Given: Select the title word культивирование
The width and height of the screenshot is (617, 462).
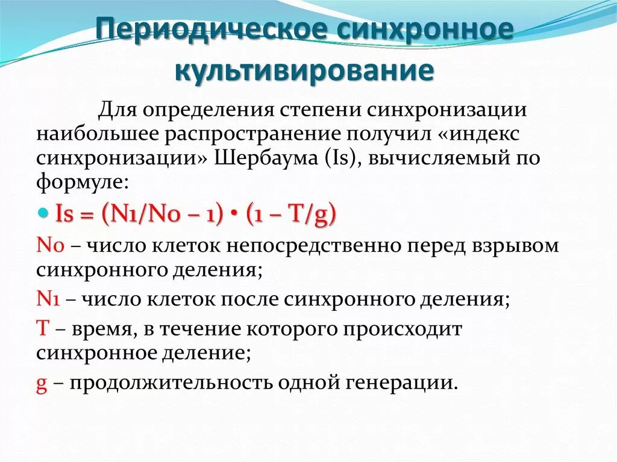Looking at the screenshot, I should [x=305, y=70].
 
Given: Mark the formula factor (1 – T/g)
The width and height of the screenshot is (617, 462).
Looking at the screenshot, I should [x=292, y=214].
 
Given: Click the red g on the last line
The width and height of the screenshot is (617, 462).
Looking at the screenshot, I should [x=42, y=383].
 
